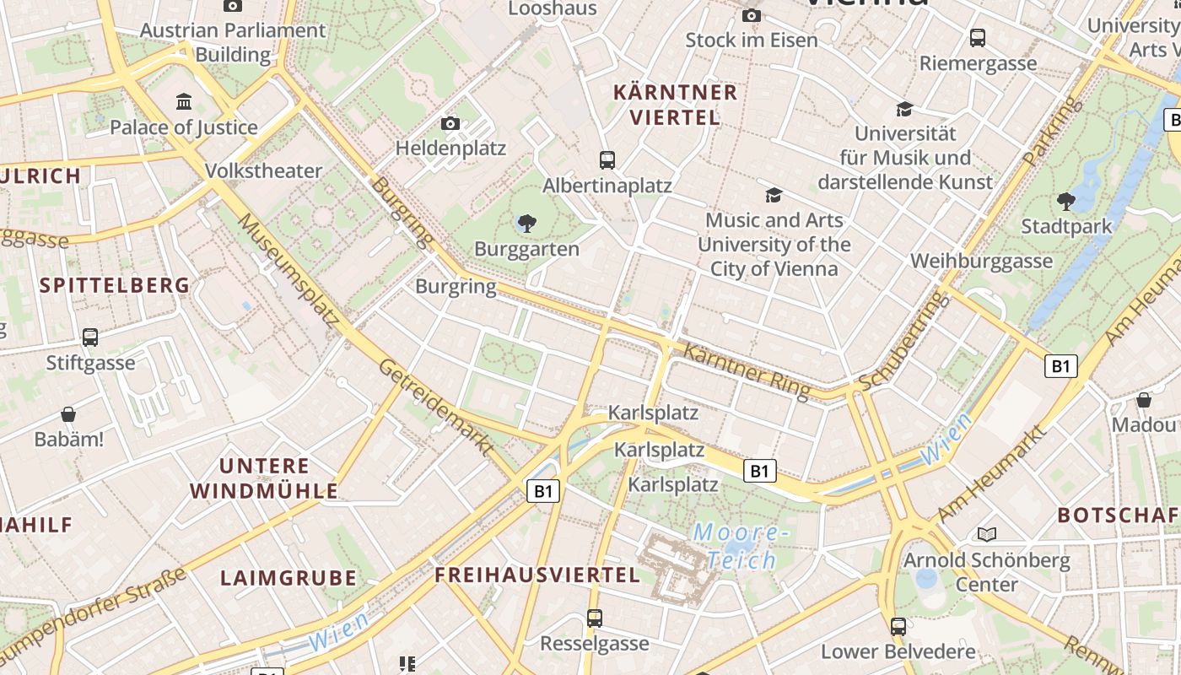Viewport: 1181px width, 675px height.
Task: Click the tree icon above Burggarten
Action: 527,223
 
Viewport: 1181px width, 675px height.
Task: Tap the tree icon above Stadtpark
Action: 1066,201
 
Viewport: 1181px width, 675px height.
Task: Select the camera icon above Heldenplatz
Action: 450,124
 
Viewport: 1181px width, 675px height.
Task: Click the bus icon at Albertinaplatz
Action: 607,159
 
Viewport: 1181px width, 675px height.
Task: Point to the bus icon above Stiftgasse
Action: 90,337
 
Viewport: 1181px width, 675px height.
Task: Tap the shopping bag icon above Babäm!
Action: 68,414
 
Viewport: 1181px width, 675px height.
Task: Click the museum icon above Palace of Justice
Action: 183,102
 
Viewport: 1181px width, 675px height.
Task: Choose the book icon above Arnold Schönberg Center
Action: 986,534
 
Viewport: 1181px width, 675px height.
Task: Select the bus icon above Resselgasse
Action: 595,618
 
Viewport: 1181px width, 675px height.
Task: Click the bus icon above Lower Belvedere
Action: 898,627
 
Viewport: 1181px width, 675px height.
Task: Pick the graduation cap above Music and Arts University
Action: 774,196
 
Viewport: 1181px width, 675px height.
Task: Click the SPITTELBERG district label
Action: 115,285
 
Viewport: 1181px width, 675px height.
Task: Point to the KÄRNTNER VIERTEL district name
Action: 676,105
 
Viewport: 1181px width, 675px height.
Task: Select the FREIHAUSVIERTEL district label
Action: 537,575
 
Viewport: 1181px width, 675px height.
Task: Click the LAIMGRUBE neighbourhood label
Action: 289,578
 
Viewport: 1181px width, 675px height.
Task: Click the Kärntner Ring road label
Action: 746,370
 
